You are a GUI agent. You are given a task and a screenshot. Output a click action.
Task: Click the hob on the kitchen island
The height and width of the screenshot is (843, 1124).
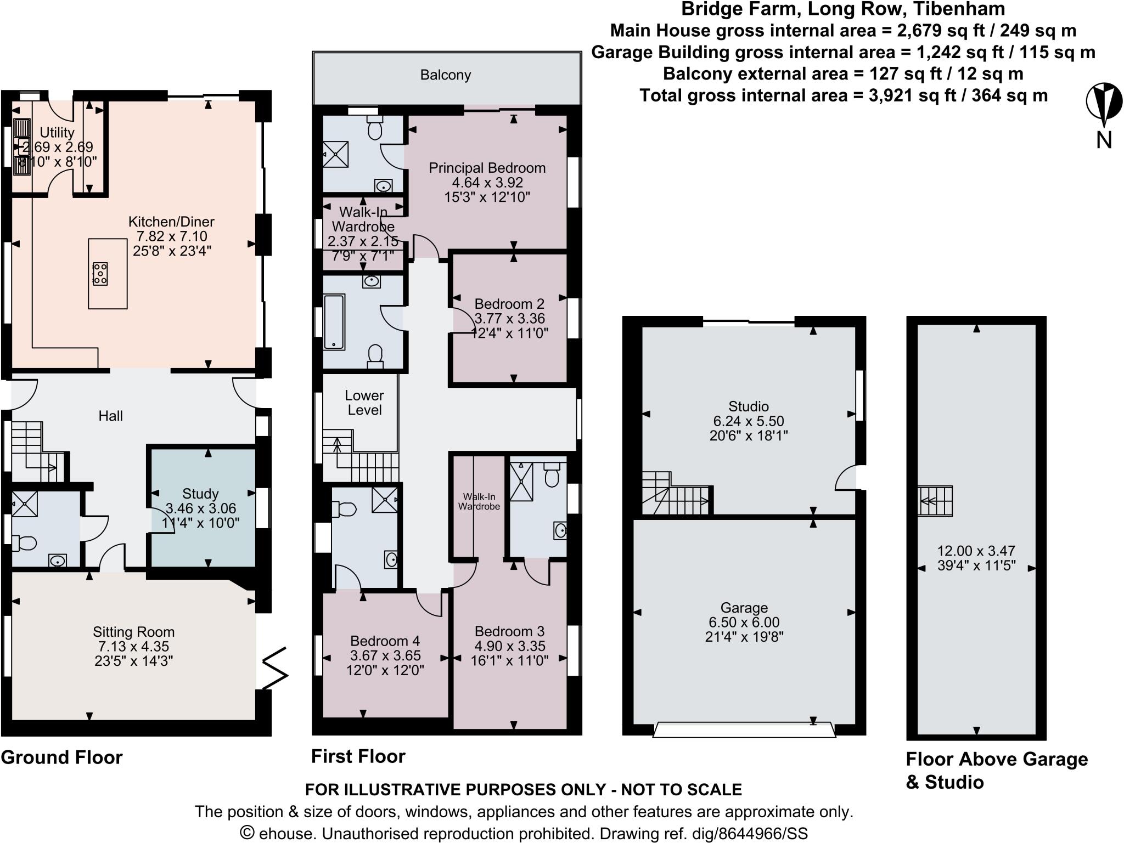pyautogui.click(x=100, y=274)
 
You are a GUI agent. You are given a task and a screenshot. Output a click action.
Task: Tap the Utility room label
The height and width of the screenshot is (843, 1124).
pyautogui.click(x=57, y=133)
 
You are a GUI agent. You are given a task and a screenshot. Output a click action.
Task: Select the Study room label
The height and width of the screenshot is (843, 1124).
pyautogui.click(x=200, y=494)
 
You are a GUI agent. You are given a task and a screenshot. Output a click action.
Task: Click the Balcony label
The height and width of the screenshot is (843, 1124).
pyautogui.click(x=446, y=75)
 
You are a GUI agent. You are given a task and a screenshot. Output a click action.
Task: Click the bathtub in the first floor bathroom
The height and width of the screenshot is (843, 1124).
pyautogui.click(x=334, y=322)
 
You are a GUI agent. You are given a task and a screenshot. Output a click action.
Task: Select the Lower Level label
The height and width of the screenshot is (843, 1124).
pyautogui.click(x=364, y=403)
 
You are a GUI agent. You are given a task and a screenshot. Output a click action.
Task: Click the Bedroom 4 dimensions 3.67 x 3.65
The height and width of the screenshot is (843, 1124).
pyautogui.click(x=385, y=655)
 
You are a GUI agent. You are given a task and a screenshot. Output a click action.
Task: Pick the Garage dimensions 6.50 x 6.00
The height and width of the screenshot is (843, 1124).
pyautogui.click(x=744, y=623)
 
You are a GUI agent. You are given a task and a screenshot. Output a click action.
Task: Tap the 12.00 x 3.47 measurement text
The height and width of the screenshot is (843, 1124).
pyautogui.click(x=976, y=551)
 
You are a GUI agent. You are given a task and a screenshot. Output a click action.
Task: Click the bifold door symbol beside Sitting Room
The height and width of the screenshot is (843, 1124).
pyautogui.click(x=276, y=669)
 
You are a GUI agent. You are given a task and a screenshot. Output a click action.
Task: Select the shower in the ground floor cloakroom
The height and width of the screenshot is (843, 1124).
pyautogui.click(x=25, y=504)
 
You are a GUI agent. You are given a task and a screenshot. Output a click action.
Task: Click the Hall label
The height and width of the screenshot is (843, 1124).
pyautogui.click(x=110, y=416)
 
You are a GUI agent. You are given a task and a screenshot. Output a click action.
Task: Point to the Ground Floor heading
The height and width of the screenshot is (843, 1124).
pyautogui.click(x=61, y=757)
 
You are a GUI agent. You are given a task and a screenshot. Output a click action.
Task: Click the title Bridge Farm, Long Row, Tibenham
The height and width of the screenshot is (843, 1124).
pyautogui.click(x=843, y=9)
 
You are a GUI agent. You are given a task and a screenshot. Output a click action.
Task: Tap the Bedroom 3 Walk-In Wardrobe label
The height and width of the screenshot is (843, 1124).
pyautogui.click(x=479, y=502)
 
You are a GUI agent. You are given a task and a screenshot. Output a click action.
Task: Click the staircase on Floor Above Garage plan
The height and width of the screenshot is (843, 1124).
pyautogui.click(x=936, y=501)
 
